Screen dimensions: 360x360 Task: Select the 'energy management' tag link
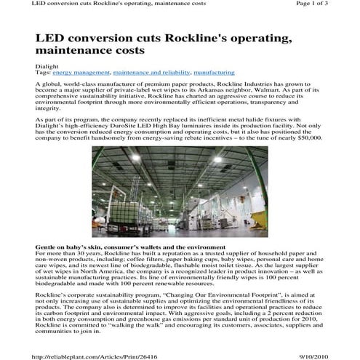pos(80,73)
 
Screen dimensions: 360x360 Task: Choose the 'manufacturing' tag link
pos(215,73)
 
